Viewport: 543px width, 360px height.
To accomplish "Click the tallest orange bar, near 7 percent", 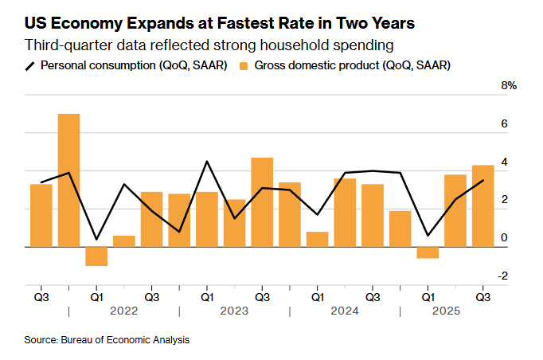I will tap(68, 180).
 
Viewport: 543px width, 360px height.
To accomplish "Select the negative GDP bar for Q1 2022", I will tap(96, 256).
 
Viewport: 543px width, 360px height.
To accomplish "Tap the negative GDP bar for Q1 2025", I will tap(428, 252).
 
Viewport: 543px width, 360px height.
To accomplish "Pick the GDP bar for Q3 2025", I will tap(482, 205).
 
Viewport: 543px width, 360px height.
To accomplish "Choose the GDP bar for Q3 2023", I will tap(262, 202).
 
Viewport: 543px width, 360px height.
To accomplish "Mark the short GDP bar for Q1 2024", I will tap(317, 239).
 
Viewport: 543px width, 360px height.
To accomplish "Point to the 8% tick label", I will tap(509, 85).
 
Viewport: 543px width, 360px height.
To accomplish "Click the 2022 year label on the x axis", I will tap(123, 311).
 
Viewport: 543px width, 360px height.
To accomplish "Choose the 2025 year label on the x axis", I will tap(455, 311).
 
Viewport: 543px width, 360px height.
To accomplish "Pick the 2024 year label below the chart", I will tap(345, 311).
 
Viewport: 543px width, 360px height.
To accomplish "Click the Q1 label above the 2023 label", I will tap(206, 296).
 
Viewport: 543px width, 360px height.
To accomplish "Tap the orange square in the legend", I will tap(244, 65).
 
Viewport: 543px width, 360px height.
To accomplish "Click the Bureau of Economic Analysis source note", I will tap(107, 340).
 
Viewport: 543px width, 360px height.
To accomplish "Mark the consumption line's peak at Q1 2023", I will tap(206, 162).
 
